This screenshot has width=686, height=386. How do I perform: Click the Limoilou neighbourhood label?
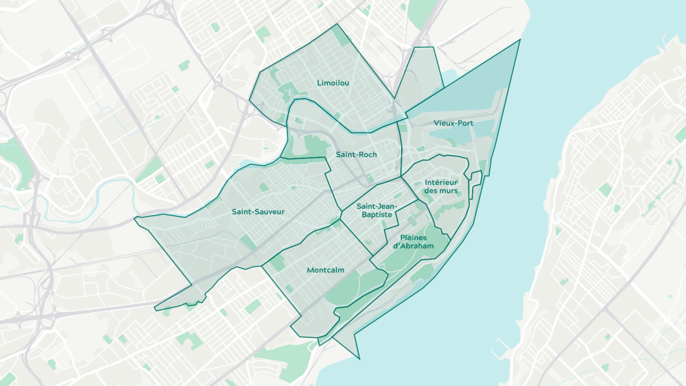(333, 83)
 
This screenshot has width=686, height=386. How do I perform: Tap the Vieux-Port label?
(453, 123)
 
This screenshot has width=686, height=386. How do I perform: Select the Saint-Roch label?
(356, 154)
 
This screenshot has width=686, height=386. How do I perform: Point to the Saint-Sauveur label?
(258, 212)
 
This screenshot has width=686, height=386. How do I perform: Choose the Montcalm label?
(325, 270)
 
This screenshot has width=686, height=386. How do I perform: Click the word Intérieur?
(441, 182)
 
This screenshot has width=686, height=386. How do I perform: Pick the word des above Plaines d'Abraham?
(431, 191)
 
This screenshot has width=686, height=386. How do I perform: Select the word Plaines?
(414, 237)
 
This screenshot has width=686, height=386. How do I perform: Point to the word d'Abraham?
(414, 246)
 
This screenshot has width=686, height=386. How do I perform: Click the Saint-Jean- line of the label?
(377, 207)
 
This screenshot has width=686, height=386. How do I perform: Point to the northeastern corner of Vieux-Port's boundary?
(520, 39)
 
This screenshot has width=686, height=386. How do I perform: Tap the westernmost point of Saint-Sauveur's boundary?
(135, 218)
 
